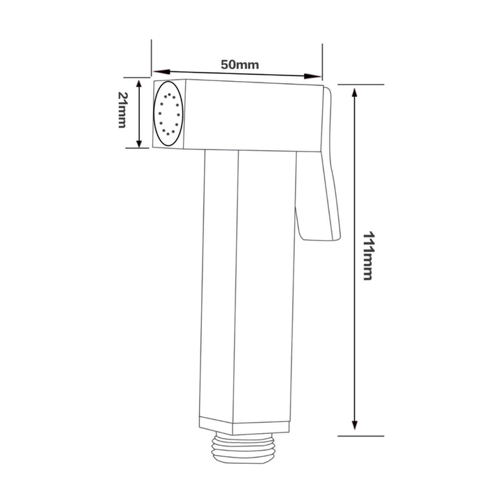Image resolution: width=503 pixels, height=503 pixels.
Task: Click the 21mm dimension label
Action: click(122, 112)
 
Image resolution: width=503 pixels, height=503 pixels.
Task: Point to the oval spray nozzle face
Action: click(168, 114)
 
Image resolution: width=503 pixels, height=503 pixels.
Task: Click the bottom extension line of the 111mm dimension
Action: click(360, 435)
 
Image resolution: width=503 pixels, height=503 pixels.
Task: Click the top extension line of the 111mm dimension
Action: click(360, 85)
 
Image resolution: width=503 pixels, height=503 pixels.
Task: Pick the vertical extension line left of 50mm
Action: click(152, 59)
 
